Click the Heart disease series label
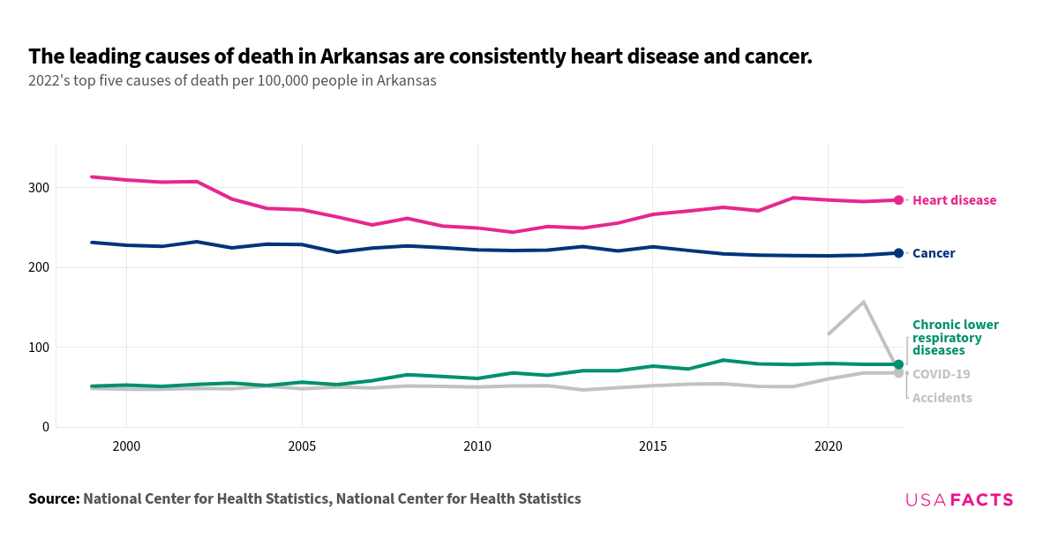[x=954, y=200]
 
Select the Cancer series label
[x=933, y=253]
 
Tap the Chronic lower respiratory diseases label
[x=955, y=338]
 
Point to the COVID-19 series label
[x=941, y=374]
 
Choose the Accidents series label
[x=942, y=398]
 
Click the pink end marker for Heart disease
[x=898, y=200]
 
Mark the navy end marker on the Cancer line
[x=898, y=253]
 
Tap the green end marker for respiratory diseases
[x=898, y=364]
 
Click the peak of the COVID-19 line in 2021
[x=863, y=302]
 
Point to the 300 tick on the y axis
[x=38, y=188]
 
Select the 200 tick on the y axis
[x=38, y=267]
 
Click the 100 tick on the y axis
[x=38, y=348]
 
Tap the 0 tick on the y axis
[x=45, y=427]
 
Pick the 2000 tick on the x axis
[x=126, y=447]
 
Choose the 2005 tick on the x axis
[x=302, y=447]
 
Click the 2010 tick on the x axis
[x=477, y=447]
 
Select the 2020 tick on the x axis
[x=828, y=447]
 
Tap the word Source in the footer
[x=53, y=498]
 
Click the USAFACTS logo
[x=959, y=500]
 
